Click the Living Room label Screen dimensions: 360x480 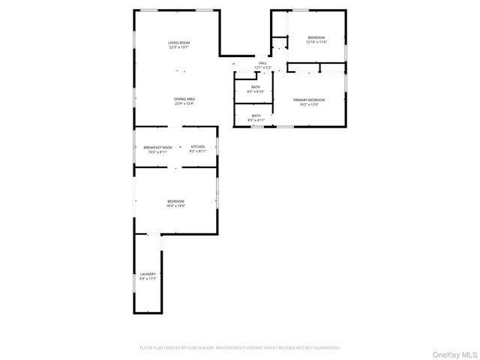[x=178, y=43]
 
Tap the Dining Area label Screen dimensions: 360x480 [x=184, y=99]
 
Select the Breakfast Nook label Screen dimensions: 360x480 [x=157, y=147]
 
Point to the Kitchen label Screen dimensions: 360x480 [x=197, y=146]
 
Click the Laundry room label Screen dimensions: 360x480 [x=148, y=274]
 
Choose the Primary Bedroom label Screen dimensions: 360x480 [x=309, y=100]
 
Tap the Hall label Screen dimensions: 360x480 [x=262, y=63]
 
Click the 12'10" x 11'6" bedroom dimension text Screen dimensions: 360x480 [x=316, y=42]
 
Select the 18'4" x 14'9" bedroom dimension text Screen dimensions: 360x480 [x=175, y=205]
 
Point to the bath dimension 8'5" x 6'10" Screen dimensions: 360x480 [x=256, y=92]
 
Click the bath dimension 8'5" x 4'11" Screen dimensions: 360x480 [x=256, y=120]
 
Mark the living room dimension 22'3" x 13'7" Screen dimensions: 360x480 [x=178, y=47]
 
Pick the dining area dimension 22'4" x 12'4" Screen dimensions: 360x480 [x=184, y=103]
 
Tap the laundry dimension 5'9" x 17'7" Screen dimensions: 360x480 [x=148, y=279]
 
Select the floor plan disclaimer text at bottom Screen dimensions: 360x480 [x=240, y=348]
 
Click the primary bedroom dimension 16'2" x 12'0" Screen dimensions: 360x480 [x=309, y=104]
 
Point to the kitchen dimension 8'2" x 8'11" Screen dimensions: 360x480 [x=197, y=151]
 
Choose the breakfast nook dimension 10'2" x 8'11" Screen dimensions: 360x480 [x=157, y=151]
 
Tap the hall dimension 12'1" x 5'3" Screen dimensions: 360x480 [x=262, y=67]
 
